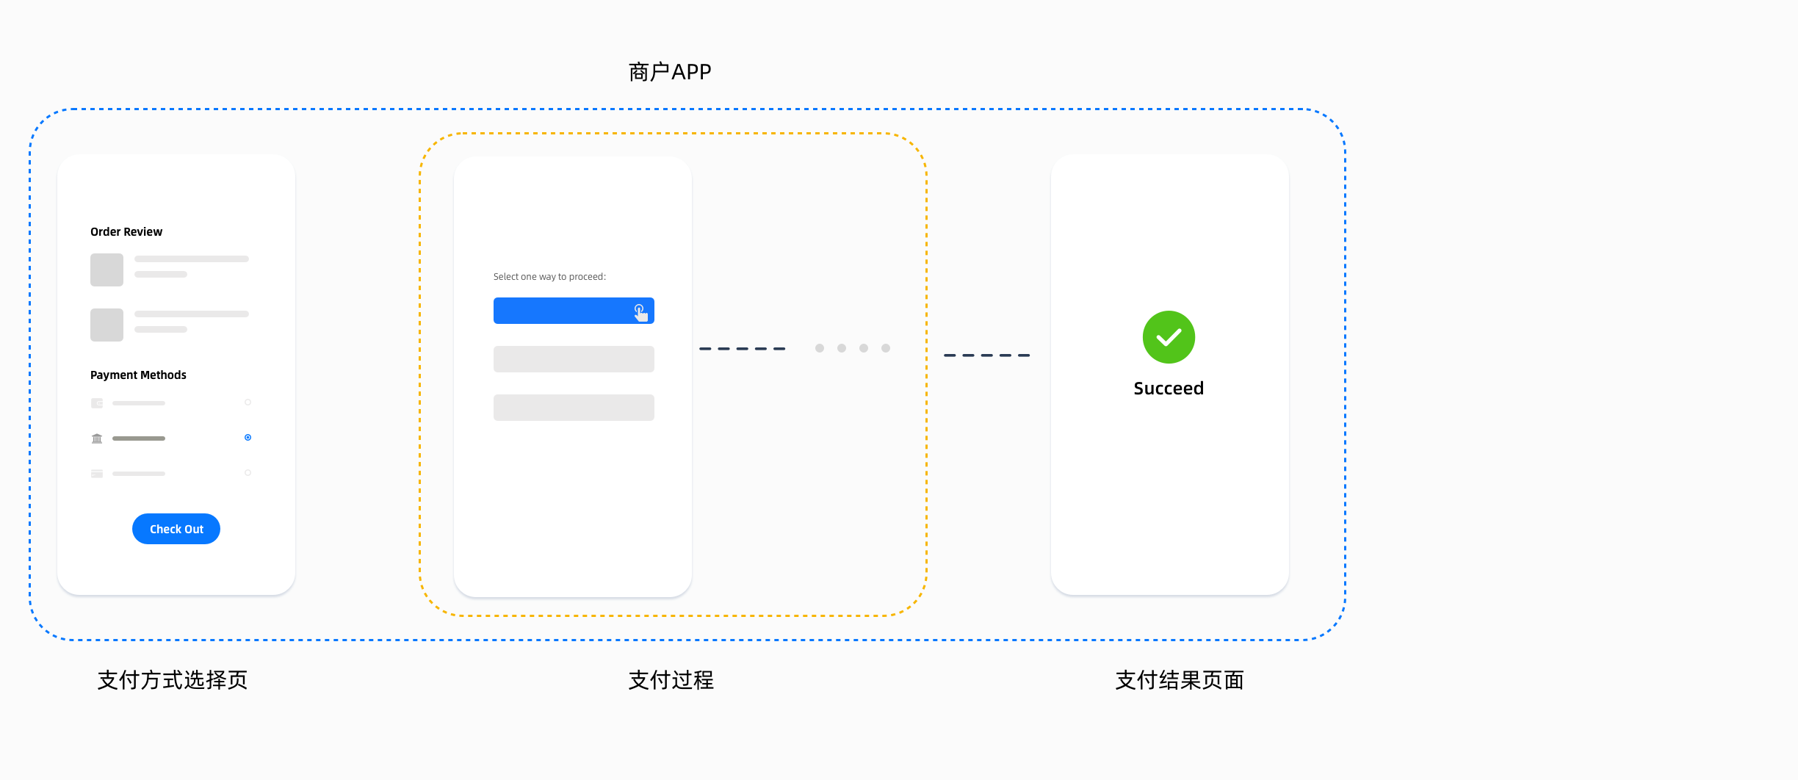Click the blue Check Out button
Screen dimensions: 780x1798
[176, 529]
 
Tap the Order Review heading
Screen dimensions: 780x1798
[126, 232]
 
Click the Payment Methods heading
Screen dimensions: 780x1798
[138, 375]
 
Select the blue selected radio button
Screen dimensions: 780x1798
[248, 438]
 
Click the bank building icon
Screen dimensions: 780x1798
[97, 438]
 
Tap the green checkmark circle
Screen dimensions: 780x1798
[1169, 337]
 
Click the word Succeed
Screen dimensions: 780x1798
[1169, 389]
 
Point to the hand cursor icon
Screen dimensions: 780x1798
[640, 313]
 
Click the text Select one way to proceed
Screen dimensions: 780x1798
[549, 277]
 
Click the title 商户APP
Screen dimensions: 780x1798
[670, 72]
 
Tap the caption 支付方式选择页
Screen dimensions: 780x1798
[173, 680]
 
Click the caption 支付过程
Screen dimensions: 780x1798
[671, 680]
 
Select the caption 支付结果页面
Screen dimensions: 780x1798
[1180, 680]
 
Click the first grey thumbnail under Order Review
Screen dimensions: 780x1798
[106, 270]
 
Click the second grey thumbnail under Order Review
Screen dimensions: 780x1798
[106, 325]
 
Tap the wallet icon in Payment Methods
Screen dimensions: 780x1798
[97, 403]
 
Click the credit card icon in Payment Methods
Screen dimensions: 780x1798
[97, 474]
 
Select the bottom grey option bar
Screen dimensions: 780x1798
[574, 408]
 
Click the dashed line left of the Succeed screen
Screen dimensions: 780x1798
[986, 355]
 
